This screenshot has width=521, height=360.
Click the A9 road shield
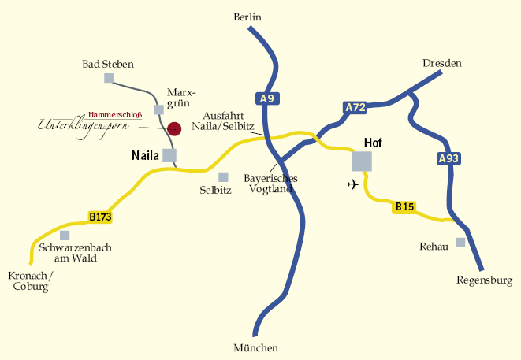click(x=267, y=99)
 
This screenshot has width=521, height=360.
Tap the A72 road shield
click(x=355, y=107)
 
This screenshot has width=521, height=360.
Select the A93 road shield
click(x=448, y=158)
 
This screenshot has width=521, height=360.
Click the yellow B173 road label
click(x=100, y=216)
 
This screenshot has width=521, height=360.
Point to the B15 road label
click(x=404, y=207)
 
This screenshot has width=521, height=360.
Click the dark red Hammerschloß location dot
click(x=175, y=128)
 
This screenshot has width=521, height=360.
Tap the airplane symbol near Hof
click(x=352, y=184)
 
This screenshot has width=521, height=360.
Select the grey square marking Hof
click(x=362, y=161)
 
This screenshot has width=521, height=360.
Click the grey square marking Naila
click(x=169, y=155)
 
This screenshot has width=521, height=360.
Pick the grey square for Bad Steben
click(x=109, y=78)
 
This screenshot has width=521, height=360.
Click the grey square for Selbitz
click(x=223, y=177)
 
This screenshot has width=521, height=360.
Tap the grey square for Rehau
click(x=460, y=243)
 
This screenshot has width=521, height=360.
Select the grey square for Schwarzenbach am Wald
click(x=65, y=236)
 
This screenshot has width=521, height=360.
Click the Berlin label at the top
click(x=247, y=17)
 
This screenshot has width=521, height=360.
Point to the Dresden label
click(x=441, y=63)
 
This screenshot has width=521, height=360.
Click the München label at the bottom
click(x=256, y=348)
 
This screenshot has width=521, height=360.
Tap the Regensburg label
click(x=484, y=280)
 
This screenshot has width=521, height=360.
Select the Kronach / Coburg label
click(x=30, y=281)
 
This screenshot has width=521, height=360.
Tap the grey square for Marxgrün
click(x=158, y=109)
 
